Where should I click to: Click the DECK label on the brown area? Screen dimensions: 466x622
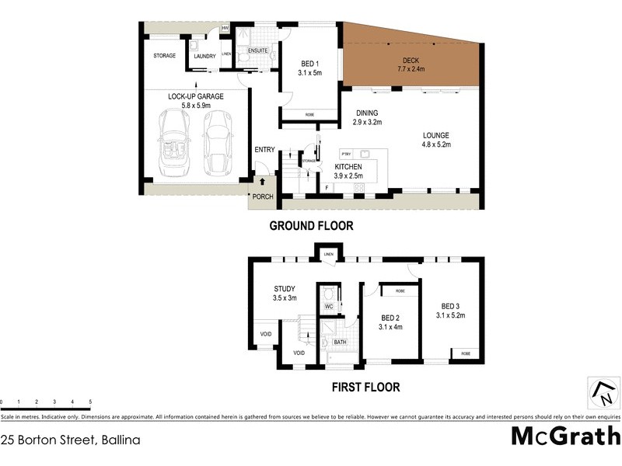(x=411, y=61)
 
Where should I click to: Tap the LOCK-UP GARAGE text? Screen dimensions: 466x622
(x=196, y=96)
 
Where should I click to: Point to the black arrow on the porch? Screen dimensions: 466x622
(x=262, y=182)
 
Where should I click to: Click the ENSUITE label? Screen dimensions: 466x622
(x=258, y=50)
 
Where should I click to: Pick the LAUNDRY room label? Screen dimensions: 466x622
(x=204, y=56)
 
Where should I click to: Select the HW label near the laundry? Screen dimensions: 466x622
(x=225, y=29)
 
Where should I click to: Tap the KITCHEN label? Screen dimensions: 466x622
(x=348, y=167)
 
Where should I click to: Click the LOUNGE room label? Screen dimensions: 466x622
(x=436, y=134)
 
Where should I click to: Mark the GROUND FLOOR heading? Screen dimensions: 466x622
(x=311, y=226)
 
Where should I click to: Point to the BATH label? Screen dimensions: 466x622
(x=340, y=343)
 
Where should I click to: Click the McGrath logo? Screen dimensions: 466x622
(x=565, y=436)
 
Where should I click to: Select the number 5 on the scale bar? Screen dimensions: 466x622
(x=90, y=402)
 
